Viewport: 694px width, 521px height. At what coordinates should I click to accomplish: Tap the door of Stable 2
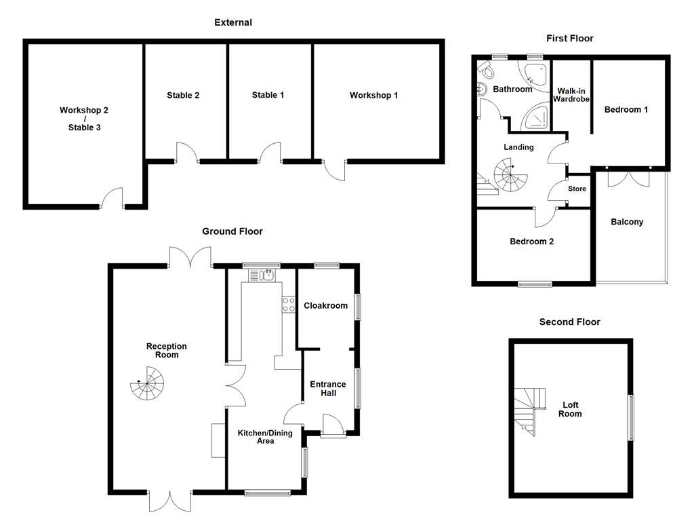186,153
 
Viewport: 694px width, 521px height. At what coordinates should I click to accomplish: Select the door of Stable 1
270,153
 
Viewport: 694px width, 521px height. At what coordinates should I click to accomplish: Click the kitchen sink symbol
261,275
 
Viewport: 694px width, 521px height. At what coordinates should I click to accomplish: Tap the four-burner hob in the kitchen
288,305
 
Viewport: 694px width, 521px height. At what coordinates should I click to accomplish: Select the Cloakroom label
325,305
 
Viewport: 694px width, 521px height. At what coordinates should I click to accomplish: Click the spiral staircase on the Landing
509,174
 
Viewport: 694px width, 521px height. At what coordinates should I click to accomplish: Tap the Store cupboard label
577,189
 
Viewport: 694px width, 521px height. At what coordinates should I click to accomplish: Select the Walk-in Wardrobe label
572,94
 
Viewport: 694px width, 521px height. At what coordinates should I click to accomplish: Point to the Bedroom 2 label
531,241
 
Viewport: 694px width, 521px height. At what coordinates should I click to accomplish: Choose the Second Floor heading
569,322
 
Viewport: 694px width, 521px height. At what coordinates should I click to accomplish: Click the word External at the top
232,22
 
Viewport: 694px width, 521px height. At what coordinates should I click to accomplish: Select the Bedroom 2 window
534,284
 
